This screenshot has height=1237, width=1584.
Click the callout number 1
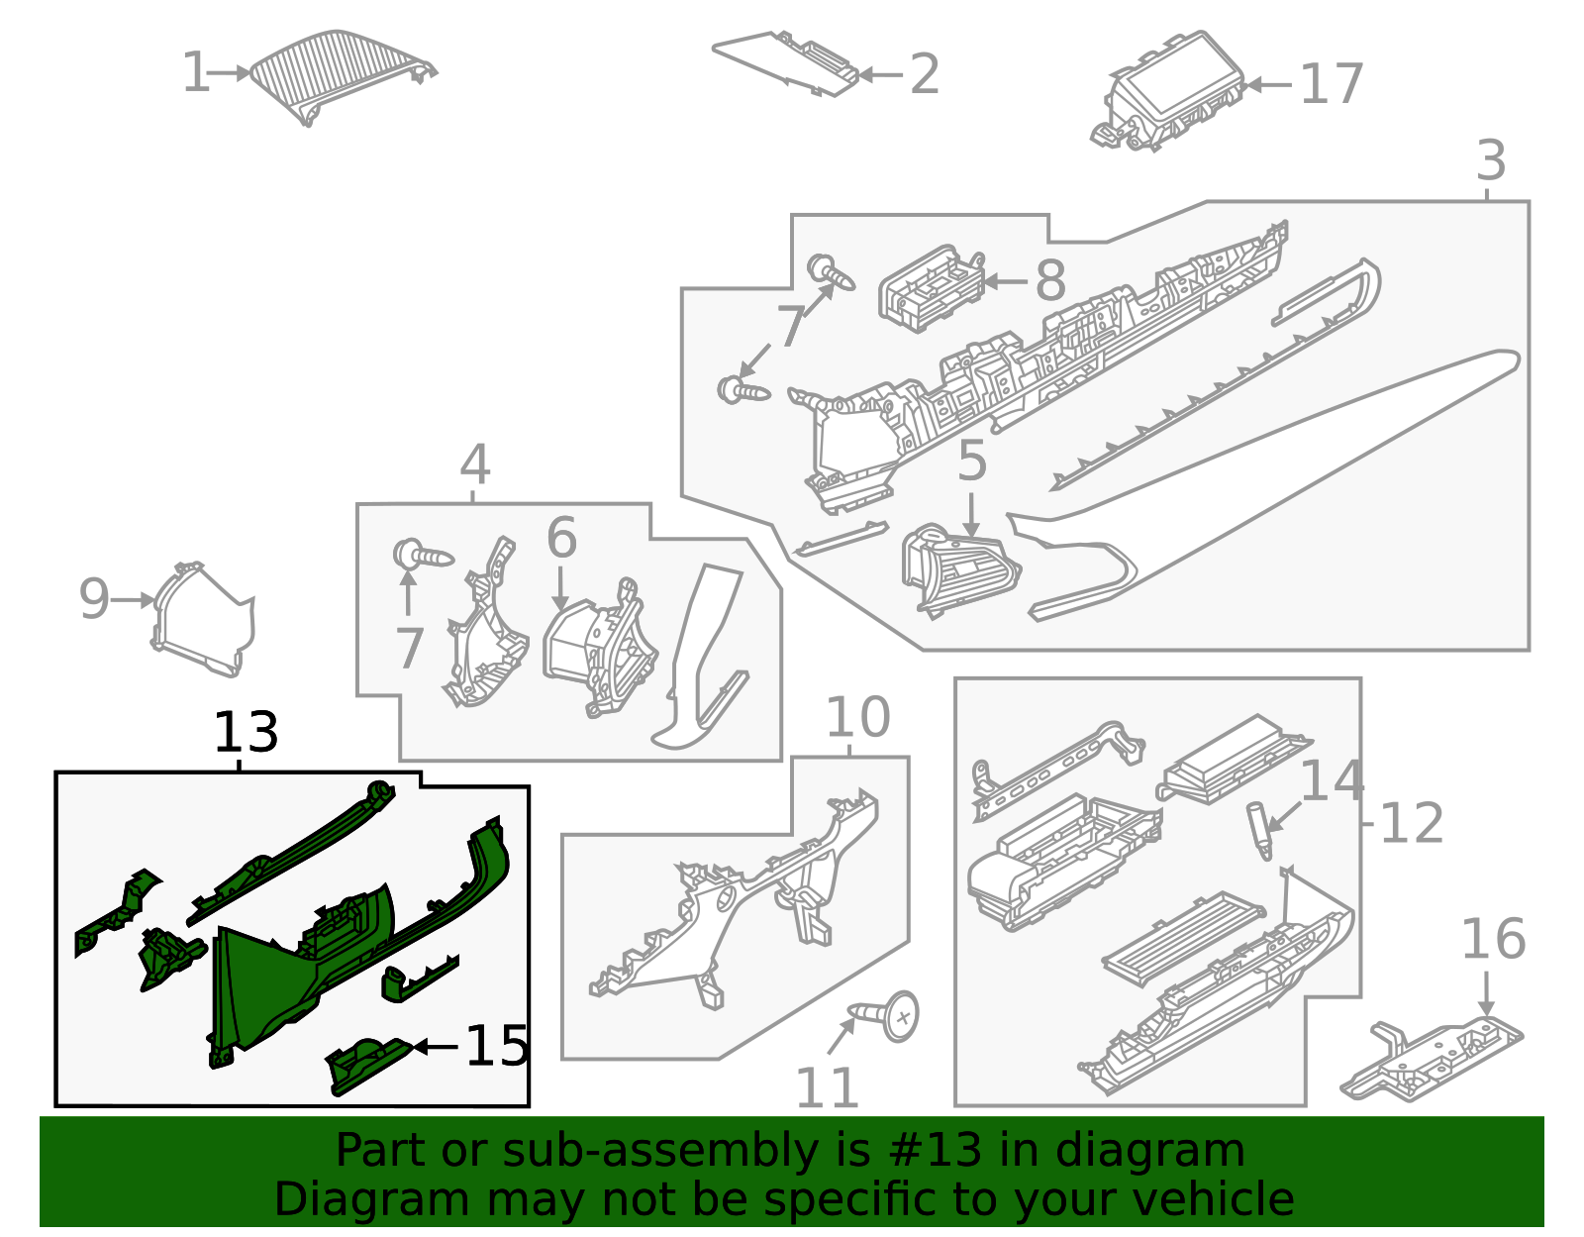[195, 74]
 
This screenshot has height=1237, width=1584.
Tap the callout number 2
[924, 75]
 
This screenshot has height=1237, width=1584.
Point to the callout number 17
[1332, 84]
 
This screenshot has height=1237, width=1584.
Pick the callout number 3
[1490, 160]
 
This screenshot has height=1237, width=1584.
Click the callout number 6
[561, 539]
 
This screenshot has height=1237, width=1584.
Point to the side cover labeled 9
[203, 619]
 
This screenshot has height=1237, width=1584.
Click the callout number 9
[94, 599]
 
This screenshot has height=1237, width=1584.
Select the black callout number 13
[246, 733]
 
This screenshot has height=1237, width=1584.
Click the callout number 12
[1411, 823]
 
